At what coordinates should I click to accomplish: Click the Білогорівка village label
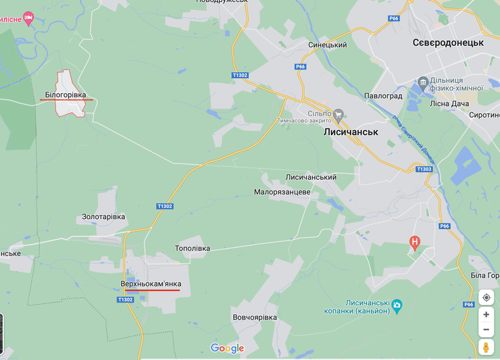[x=66, y=95]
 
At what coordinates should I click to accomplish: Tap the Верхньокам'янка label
[x=151, y=284]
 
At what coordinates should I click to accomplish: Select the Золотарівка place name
[x=103, y=217]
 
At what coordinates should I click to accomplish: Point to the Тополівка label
[x=193, y=248]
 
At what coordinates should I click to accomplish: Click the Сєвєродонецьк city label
[x=448, y=43]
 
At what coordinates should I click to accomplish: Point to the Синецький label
[x=327, y=45]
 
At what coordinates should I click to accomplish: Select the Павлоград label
[x=383, y=96]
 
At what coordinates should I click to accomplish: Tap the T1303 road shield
[x=424, y=169]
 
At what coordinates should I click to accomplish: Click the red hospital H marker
[x=415, y=241]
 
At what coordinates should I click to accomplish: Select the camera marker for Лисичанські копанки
[x=397, y=305]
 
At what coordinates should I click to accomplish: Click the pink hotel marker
[x=28, y=18]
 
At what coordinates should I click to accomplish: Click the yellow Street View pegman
[x=486, y=347]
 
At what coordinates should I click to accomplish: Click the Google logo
[x=227, y=349]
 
